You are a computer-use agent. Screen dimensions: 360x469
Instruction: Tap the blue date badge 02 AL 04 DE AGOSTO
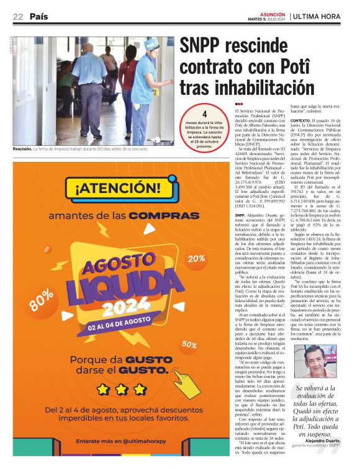pos(118,326)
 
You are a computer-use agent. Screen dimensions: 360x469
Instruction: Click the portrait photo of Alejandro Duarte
pos(322,360)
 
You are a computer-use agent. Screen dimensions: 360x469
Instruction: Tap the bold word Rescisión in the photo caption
pos(23,149)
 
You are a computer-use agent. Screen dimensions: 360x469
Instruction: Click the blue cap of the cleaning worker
pos(151,45)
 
